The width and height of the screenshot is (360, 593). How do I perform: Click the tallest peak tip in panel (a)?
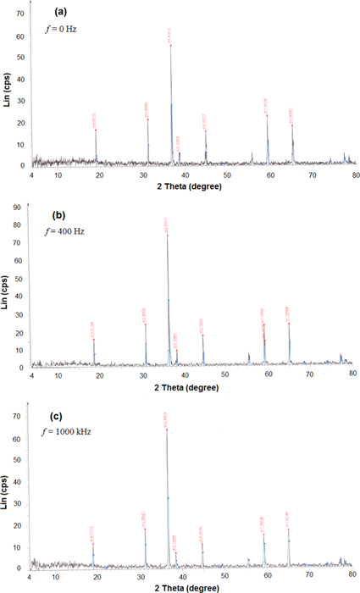tap(171, 45)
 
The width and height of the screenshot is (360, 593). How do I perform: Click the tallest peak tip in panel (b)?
tap(167, 234)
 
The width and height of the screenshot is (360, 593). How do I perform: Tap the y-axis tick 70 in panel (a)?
tap(19, 14)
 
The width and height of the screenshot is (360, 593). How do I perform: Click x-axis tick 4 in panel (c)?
tap(30, 577)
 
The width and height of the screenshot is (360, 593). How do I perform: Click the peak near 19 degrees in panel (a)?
tap(96, 130)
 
